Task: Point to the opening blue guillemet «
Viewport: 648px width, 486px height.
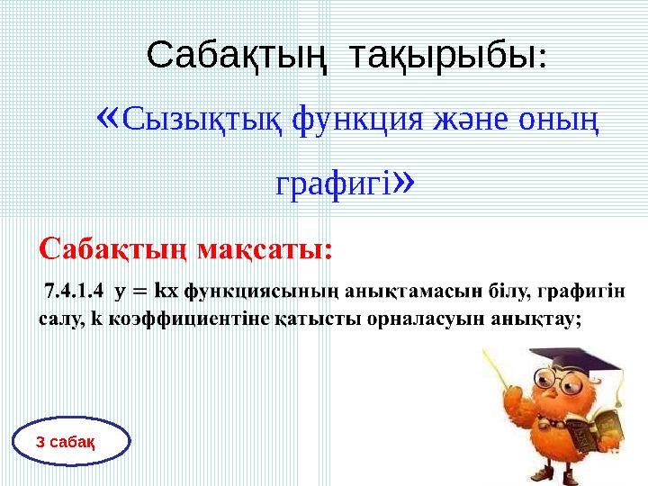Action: pyautogui.click(x=107, y=115)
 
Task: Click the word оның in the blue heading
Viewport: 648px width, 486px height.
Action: pyautogui.click(x=553, y=119)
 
